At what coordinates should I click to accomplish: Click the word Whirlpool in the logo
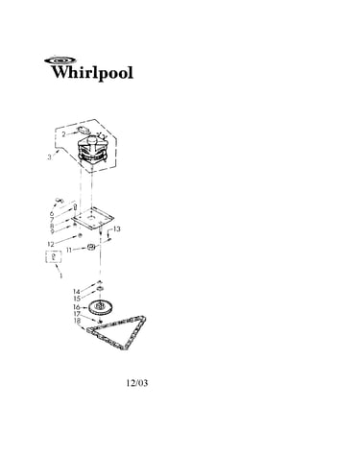pos(92,73)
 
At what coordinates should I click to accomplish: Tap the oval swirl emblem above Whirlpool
pos(60,60)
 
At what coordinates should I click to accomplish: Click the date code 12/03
pos(137,383)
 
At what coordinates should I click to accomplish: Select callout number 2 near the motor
pos(63,134)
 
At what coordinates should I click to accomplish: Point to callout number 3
pos(49,157)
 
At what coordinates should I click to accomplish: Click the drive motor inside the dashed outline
pos(93,151)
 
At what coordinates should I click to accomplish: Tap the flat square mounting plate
pos(92,218)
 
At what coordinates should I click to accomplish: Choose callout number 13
pos(117,229)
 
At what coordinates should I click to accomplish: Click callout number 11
pos(69,250)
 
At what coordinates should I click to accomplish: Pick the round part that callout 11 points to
pos(92,248)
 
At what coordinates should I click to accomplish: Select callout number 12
pos(51,245)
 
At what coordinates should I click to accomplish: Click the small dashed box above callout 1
pos(53,256)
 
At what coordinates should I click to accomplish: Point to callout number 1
pos(60,276)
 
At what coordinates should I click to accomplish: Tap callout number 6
pos(52,214)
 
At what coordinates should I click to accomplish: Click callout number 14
pos(76,292)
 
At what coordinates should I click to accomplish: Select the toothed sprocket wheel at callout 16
pos(100,307)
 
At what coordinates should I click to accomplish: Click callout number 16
pos(77,307)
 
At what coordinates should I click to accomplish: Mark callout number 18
pos(77,321)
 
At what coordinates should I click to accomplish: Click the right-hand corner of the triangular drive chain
pos(145,318)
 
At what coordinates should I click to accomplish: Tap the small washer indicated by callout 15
pos(100,289)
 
